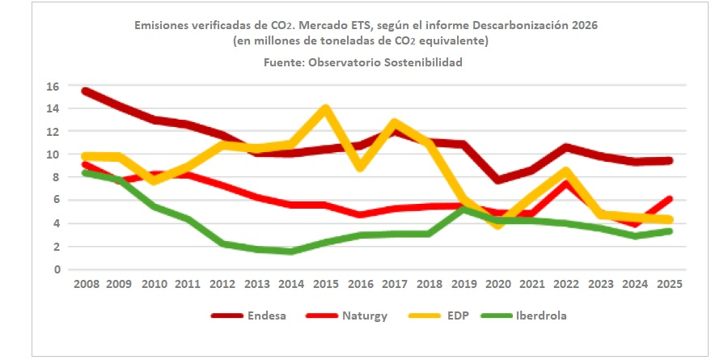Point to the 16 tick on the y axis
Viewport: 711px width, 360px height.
[53, 86]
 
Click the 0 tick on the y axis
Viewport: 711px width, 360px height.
[56, 269]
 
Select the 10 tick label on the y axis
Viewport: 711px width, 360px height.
[53, 155]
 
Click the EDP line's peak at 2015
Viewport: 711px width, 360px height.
[325, 108]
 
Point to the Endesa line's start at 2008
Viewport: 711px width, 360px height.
[85, 91]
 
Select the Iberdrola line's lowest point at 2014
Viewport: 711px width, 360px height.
[290, 252]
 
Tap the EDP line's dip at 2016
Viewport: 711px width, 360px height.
[359, 167]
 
